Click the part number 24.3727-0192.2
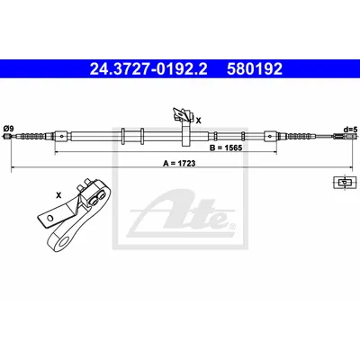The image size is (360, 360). click(x=148, y=69)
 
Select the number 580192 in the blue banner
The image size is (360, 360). click(x=255, y=69)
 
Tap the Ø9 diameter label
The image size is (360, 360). click(x=8, y=129)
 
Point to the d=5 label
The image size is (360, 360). click(x=351, y=130)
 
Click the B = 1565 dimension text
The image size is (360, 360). click(x=226, y=148)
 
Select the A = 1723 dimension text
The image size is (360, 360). click(x=179, y=164)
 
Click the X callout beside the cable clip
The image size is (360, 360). click(x=198, y=121)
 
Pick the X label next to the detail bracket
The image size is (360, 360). click(x=58, y=195)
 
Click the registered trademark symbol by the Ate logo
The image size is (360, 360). click(x=232, y=227)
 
